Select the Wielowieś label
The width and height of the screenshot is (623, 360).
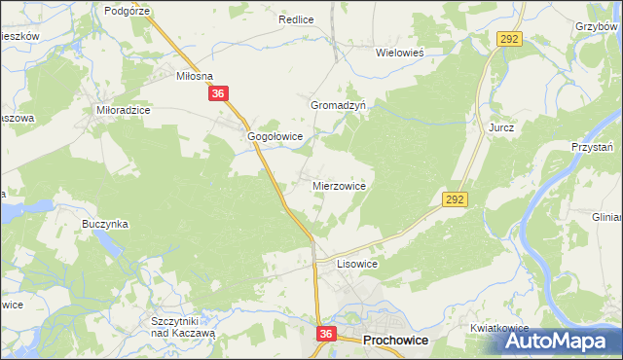[x=403, y=54]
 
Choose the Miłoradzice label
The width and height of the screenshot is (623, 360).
[x=123, y=111]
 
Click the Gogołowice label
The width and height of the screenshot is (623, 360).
[x=276, y=137]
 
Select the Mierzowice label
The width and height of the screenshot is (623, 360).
[x=339, y=184]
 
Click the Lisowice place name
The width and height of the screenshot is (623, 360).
[x=356, y=264]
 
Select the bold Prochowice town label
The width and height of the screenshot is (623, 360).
[x=397, y=342]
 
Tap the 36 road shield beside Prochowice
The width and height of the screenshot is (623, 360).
[x=326, y=334]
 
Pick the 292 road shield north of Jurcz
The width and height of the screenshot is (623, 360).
[x=511, y=38]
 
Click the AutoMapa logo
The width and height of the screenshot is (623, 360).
[x=559, y=341]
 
